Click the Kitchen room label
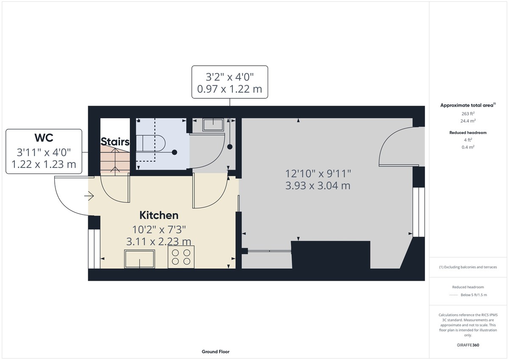(159, 215)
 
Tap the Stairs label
(115, 142)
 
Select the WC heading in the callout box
(44, 138)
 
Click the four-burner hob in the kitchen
(181, 257)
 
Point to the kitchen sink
(140, 259)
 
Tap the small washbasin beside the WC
(213, 125)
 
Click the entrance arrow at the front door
(89, 196)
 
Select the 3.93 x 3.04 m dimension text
(318, 186)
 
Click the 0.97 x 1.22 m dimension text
(229, 89)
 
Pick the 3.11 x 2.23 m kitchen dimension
(159, 241)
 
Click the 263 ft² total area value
(468, 114)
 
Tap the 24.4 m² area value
(468, 121)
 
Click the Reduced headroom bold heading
(468, 133)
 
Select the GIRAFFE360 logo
(468, 345)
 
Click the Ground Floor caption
(215, 352)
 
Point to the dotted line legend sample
(453, 295)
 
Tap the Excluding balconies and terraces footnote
(468, 267)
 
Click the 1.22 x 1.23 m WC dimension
(44, 164)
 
